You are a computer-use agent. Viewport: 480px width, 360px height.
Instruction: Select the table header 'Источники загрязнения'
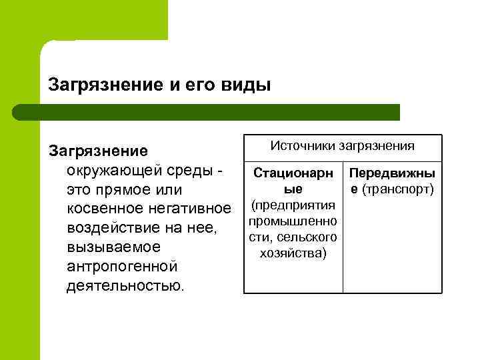click(x=343, y=145)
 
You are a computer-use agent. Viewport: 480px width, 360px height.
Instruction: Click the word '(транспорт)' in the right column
click(x=399, y=189)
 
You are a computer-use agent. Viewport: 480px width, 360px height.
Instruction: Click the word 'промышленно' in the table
click(x=293, y=221)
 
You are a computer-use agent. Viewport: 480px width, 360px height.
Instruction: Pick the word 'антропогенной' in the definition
click(x=122, y=267)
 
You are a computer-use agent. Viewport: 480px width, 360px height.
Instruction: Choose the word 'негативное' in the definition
click(x=191, y=209)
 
